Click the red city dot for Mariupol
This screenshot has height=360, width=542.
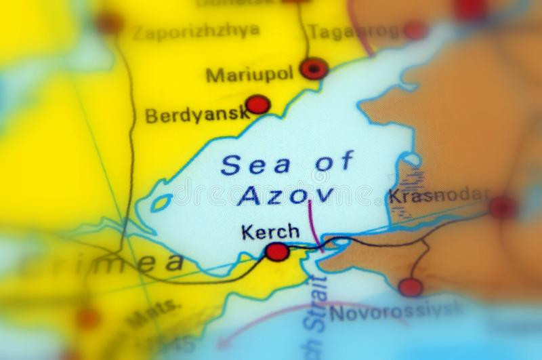pyautogui.click(x=314, y=68)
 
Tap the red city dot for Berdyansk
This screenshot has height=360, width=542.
pyautogui.click(x=257, y=104)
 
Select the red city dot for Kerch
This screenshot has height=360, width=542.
pyautogui.click(x=276, y=252)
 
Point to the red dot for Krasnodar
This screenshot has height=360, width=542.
pyautogui.click(x=503, y=207)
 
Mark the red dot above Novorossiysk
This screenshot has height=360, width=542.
pyautogui.click(x=411, y=287)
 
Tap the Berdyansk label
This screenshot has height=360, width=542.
pyautogui.click(x=196, y=115)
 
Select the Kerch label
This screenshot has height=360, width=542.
pyautogui.click(x=270, y=231)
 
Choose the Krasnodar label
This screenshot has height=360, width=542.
pyautogui.click(x=438, y=197)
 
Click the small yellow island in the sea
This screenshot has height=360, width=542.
pyautogui.click(x=161, y=201)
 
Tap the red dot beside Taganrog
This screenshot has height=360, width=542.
pyautogui.click(x=414, y=30)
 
